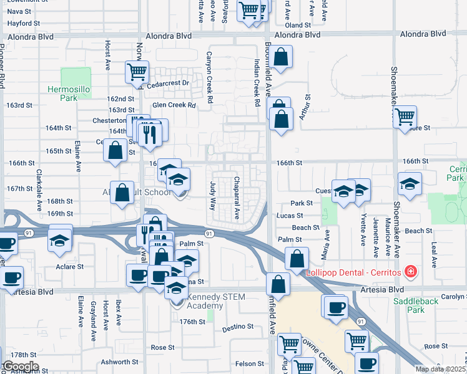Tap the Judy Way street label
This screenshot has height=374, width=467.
pos(213,196)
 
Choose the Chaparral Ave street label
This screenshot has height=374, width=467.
pos(237,197)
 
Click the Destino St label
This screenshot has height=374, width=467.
pos(238,326)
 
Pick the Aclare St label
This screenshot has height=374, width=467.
pos(71,267)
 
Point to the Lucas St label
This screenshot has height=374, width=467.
pos(289,216)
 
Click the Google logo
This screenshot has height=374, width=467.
pos(20,366)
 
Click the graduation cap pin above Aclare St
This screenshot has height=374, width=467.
pos(59,239)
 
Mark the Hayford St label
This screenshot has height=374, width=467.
pos(24,23)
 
